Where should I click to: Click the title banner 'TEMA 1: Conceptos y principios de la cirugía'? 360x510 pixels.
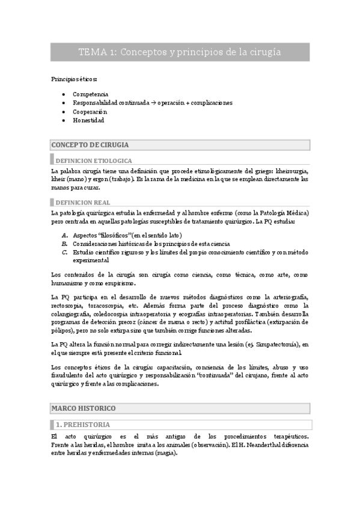tap(180, 52)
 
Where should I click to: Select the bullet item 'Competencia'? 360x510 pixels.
tap(90, 94)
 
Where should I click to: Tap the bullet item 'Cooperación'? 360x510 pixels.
tap(90, 111)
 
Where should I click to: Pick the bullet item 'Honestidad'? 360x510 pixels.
tap(88, 120)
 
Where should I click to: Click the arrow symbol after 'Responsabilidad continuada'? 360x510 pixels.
tap(153, 103)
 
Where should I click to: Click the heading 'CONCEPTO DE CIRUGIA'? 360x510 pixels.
tap(90, 145)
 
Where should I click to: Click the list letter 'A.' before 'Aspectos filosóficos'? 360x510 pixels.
tap(65, 235)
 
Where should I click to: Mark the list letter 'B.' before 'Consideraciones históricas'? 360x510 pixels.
tap(65, 244)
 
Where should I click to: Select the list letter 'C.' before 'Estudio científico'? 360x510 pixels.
tap(65, 253)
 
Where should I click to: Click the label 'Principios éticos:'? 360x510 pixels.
tap(74, 79)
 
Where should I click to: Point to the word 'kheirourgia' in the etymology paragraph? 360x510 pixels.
tap(291, 170)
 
